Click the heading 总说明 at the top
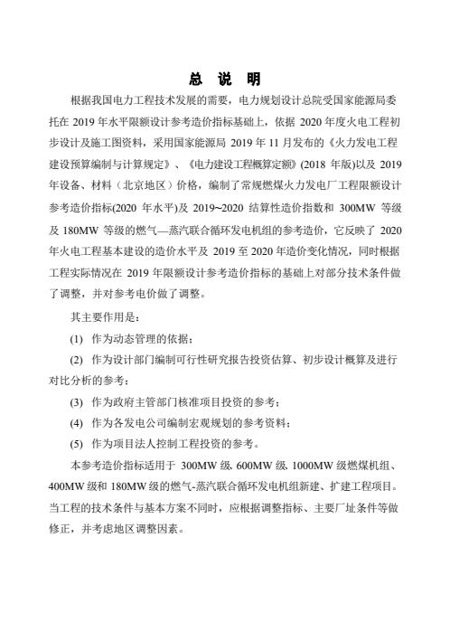click(225, 76)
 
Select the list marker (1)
click(78, 337)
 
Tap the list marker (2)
click(78, 359)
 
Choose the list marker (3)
click(78, 401)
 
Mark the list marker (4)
click(78, 422)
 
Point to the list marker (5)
click(78, 444)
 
